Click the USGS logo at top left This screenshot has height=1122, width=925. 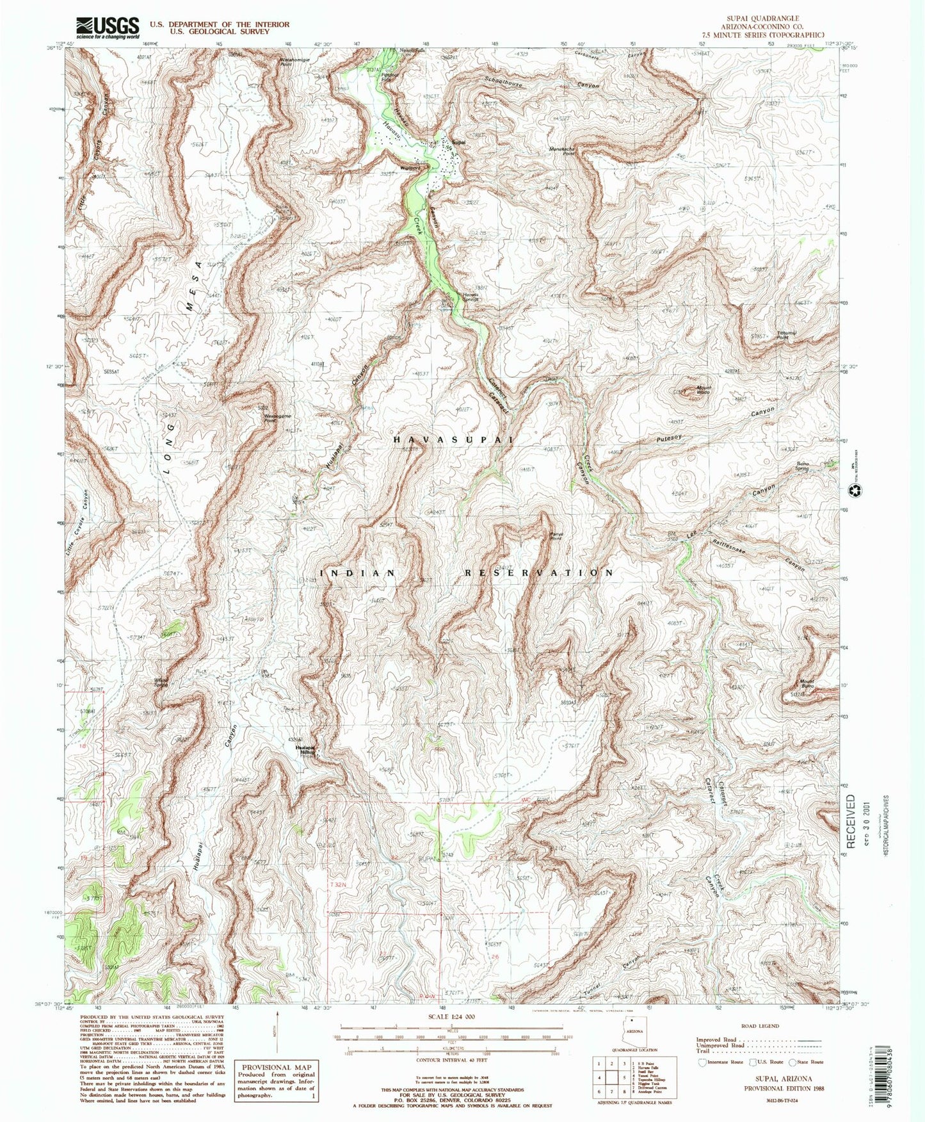(x=108, y=28)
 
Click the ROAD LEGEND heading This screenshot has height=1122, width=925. (x=760, y=1026)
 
